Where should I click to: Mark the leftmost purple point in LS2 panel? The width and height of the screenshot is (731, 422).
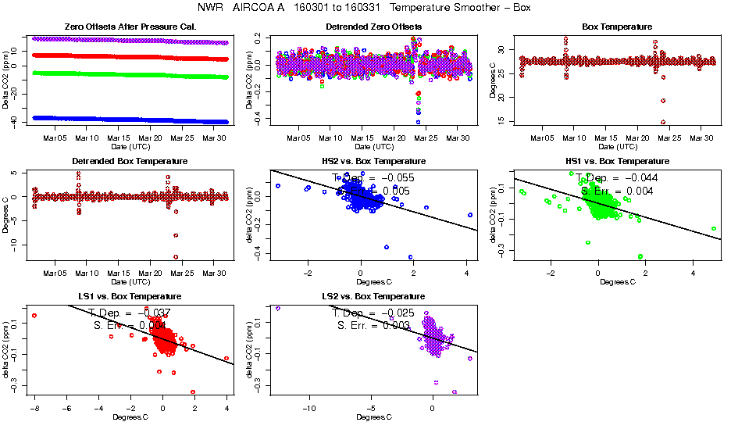coord(277,309)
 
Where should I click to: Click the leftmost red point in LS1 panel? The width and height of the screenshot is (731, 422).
coord(34,316)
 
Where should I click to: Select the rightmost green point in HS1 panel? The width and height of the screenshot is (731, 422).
coord(714,229)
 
